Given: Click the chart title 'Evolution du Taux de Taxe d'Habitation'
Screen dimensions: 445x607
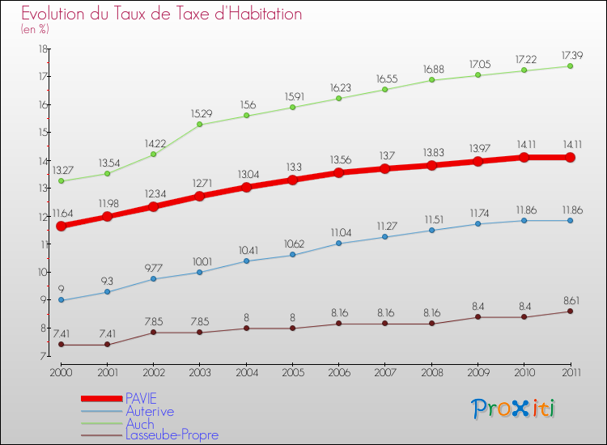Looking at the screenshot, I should coord(161,15).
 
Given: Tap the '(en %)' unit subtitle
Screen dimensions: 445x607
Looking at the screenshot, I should coord(35,30).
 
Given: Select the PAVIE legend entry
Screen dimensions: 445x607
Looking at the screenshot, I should coord(142,398).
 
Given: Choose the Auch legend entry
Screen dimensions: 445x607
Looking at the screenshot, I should coord(139,423).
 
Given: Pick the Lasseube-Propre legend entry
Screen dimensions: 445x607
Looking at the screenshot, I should coord(172,435).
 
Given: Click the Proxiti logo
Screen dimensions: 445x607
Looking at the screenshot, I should coord(514,409).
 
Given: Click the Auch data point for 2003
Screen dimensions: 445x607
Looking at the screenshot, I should coord(199,125).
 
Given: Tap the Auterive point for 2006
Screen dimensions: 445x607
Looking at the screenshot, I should coord(338,244).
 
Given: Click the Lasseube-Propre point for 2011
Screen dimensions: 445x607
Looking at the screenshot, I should coord(570,311).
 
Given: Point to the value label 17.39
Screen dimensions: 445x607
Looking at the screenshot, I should coord(570,55).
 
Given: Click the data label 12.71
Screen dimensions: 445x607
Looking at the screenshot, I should coord(199,183).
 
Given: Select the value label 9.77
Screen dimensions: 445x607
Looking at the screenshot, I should coord(153,265).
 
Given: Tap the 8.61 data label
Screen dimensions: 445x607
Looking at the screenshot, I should coord(570,299).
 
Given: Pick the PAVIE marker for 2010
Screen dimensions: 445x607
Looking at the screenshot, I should coord(524,157).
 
